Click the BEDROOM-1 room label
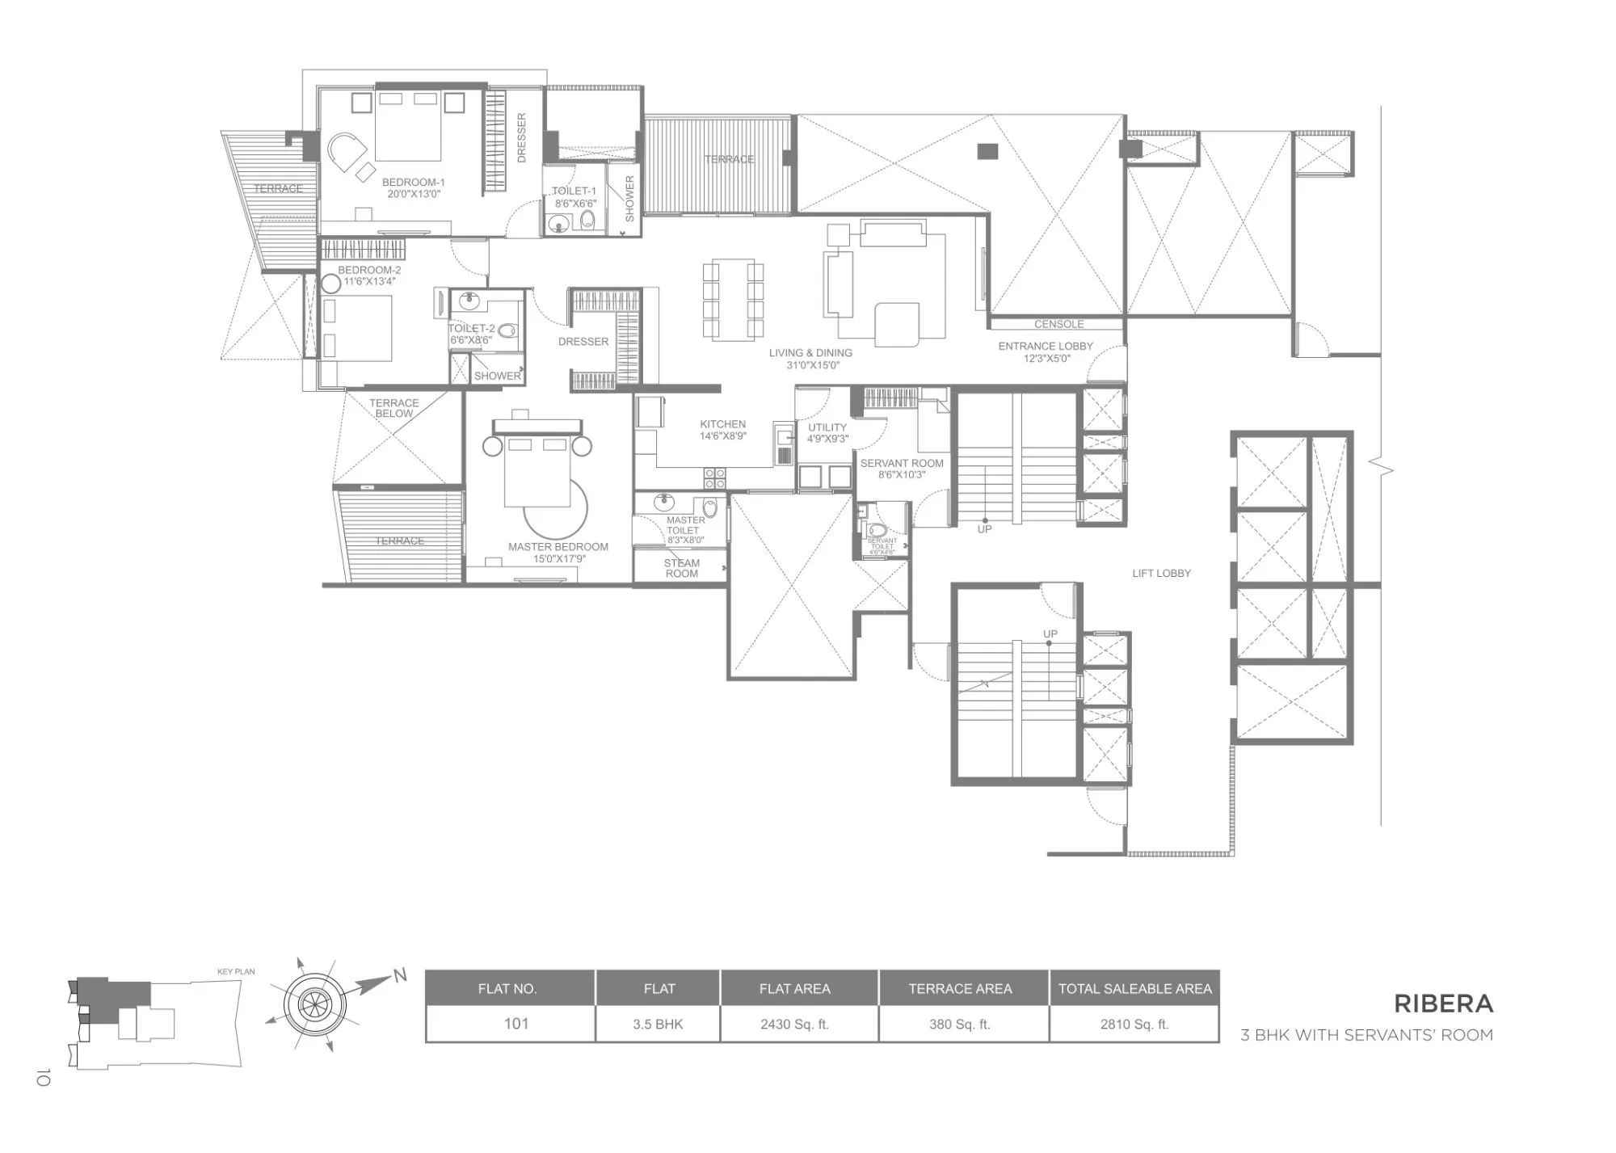(413, 183)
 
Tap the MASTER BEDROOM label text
(558, 547)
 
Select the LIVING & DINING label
(810, 353)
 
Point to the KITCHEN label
(722, 424)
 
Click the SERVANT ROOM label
(902, 464)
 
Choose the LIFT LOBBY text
(1161, 574)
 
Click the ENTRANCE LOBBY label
(1045, 347)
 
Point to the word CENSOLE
(1058, 324)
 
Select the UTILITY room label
(827, 427)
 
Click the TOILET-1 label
(574, 191)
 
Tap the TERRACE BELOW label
(393, 408)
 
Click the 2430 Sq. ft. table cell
(794, 1025)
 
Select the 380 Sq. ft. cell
(959, 1025)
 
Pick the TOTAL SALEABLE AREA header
(1134, 989)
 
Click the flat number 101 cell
(516, 1025)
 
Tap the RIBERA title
(1443, 1004)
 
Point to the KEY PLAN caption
(236, 972)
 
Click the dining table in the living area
(733, 300)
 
